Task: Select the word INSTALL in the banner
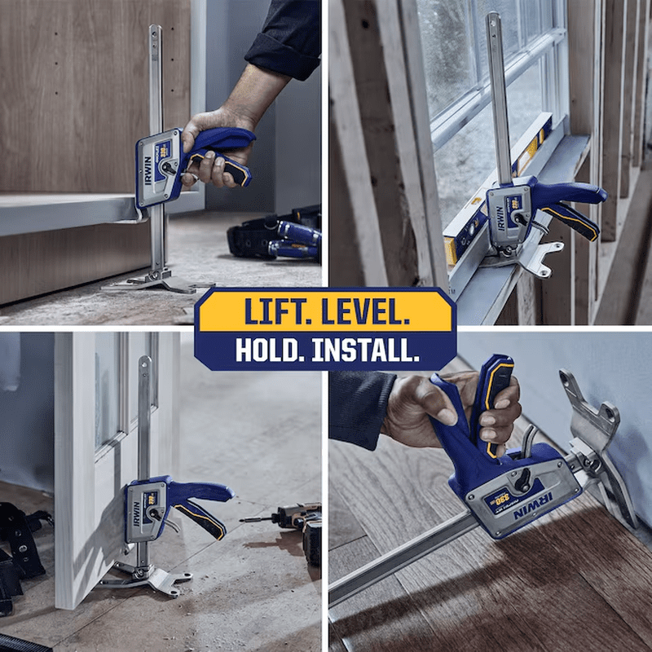click(x=367, y=350)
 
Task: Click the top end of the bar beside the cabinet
click(x=155, y=33)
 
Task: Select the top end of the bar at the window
click(x=494, y=20)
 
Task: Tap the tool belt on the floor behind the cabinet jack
click(x=273, y=236)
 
